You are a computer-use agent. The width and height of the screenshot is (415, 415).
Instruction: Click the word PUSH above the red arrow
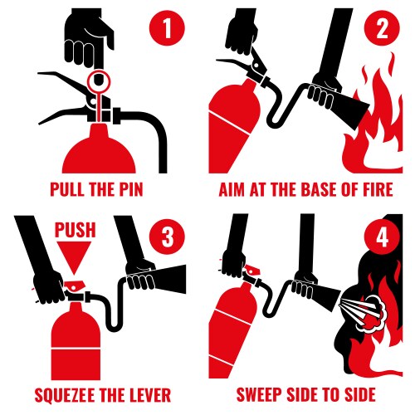[x=77, y=230]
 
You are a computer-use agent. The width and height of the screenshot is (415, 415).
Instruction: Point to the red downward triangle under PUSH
[x=77, y=259]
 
